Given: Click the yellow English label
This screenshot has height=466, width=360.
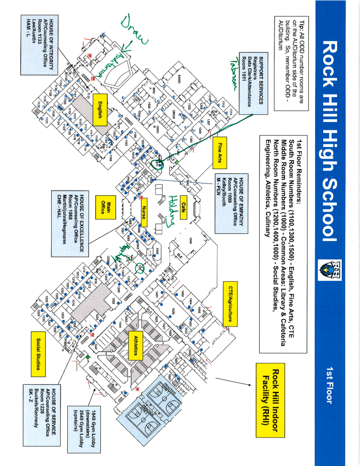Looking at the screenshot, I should point(100,110).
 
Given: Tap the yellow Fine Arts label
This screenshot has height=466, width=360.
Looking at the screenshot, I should point(220,153).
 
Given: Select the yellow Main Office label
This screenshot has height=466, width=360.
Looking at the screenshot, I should point(106,207).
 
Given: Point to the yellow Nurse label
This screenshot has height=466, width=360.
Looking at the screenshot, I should point(144,212).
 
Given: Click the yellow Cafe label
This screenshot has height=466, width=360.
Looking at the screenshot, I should point(183,207).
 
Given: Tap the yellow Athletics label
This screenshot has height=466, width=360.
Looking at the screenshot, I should point(136,345).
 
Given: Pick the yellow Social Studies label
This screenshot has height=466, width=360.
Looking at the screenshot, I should point(38,354).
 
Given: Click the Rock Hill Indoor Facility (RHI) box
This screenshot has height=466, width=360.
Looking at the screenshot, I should point(270,400).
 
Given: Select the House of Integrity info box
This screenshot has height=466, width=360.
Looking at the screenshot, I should point(39,44).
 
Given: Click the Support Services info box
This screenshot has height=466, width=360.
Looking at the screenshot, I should point(253,83).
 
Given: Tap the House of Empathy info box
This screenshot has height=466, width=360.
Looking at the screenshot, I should point(231,203).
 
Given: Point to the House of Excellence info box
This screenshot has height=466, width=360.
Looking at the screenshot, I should point(70,224).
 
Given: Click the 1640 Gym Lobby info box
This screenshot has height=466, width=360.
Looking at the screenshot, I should point(84,429).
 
